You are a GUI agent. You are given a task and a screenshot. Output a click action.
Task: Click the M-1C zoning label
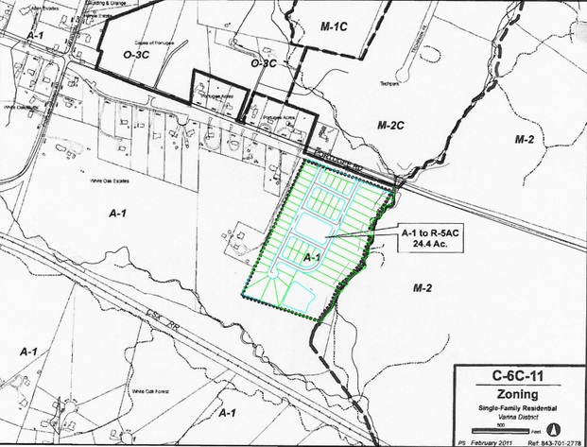[336, 26]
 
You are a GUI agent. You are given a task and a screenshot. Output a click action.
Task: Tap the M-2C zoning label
[389, 125]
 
